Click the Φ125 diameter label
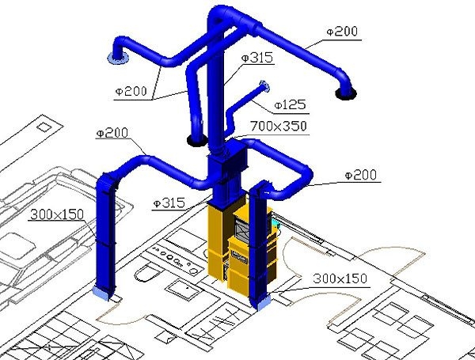[x=290, y=105]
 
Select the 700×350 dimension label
[x=279, y=126]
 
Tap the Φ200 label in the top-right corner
[x=342, y=32]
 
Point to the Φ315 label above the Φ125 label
[x=257, y=58]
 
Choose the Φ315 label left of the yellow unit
[x=169, y=203]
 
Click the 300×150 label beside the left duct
[x=57, y=214]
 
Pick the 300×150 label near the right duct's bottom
[x=340, y=279]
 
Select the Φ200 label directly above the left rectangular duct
[x=112, y=133]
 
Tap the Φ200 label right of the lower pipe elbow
[x=361, y=175]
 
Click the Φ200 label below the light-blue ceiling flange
[x=131, y=91]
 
